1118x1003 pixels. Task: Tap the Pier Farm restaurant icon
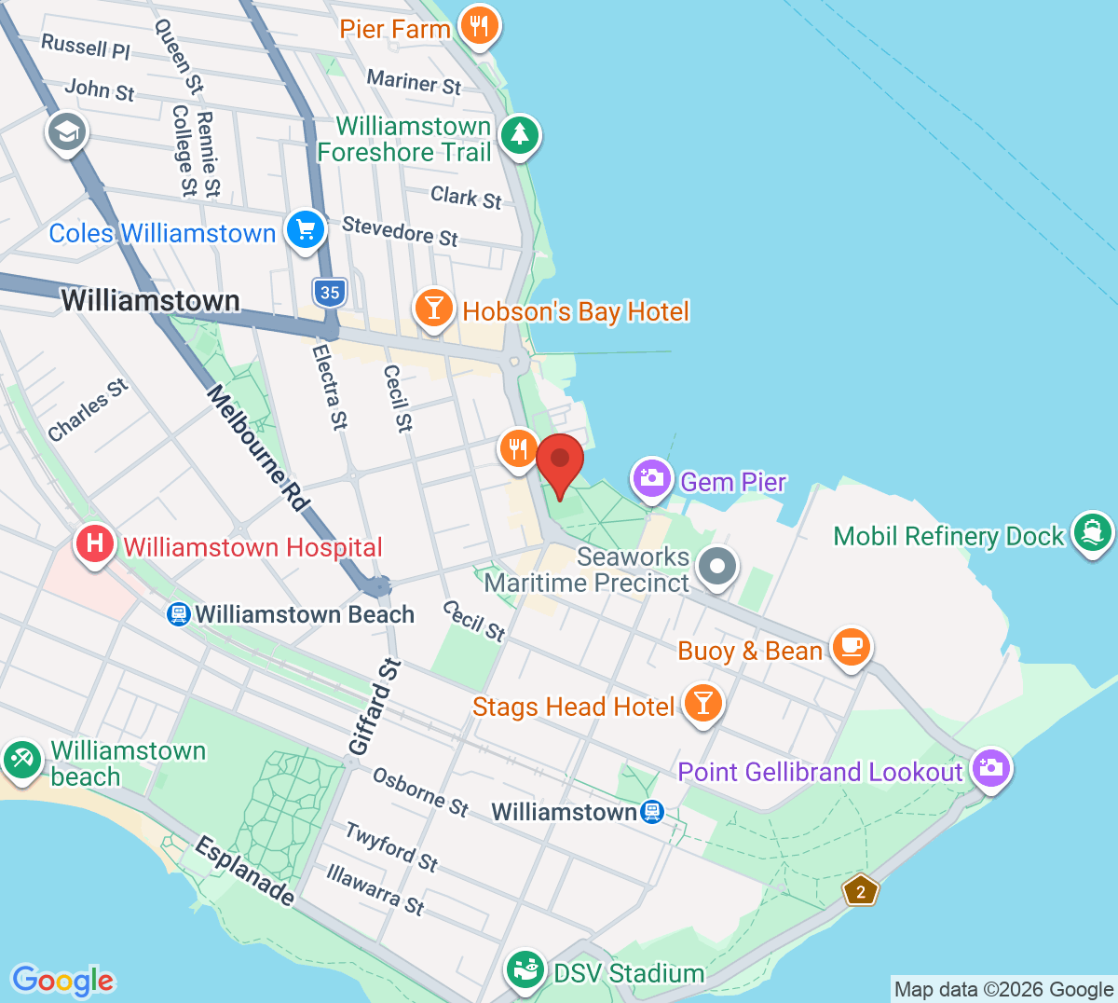coord(480,26)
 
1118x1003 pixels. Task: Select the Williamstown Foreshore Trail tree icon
coord(520,135)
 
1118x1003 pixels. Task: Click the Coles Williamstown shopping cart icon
coord(305,229)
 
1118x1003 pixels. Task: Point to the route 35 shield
coord(330,293)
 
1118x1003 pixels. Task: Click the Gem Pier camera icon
coord(651,478)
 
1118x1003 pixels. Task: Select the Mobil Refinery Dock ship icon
coord(1092,532)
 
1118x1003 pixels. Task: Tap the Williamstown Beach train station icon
coord(178,614)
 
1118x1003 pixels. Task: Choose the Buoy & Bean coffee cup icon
coord(850,646)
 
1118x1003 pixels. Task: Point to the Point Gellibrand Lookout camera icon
coord(990,768)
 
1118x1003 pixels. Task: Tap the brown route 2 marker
coord(860,891)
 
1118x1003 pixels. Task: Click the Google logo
coord(63,980)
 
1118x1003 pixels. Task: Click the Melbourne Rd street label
coord(258,448)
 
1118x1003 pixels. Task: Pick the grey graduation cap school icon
coord(67,131)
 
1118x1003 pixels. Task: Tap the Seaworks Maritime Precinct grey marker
coord(717,566)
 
